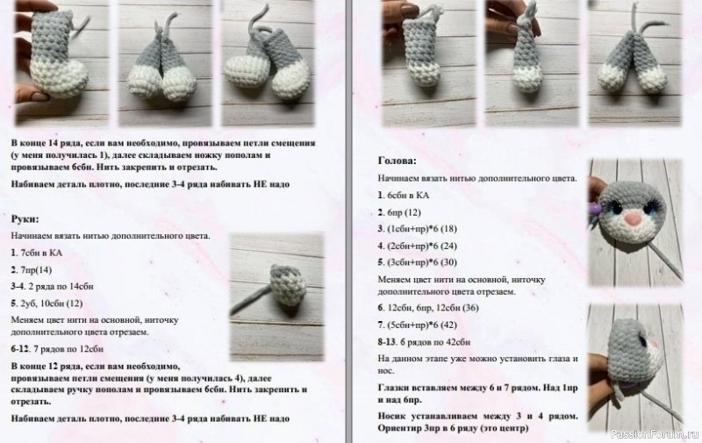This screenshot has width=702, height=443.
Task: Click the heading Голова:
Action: click(398, 161)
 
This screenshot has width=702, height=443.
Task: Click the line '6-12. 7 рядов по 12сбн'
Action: click(57, 348)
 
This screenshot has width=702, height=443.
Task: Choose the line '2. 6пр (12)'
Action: click(400, 211)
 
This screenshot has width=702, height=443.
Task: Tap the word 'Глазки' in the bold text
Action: click(396, 386)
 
